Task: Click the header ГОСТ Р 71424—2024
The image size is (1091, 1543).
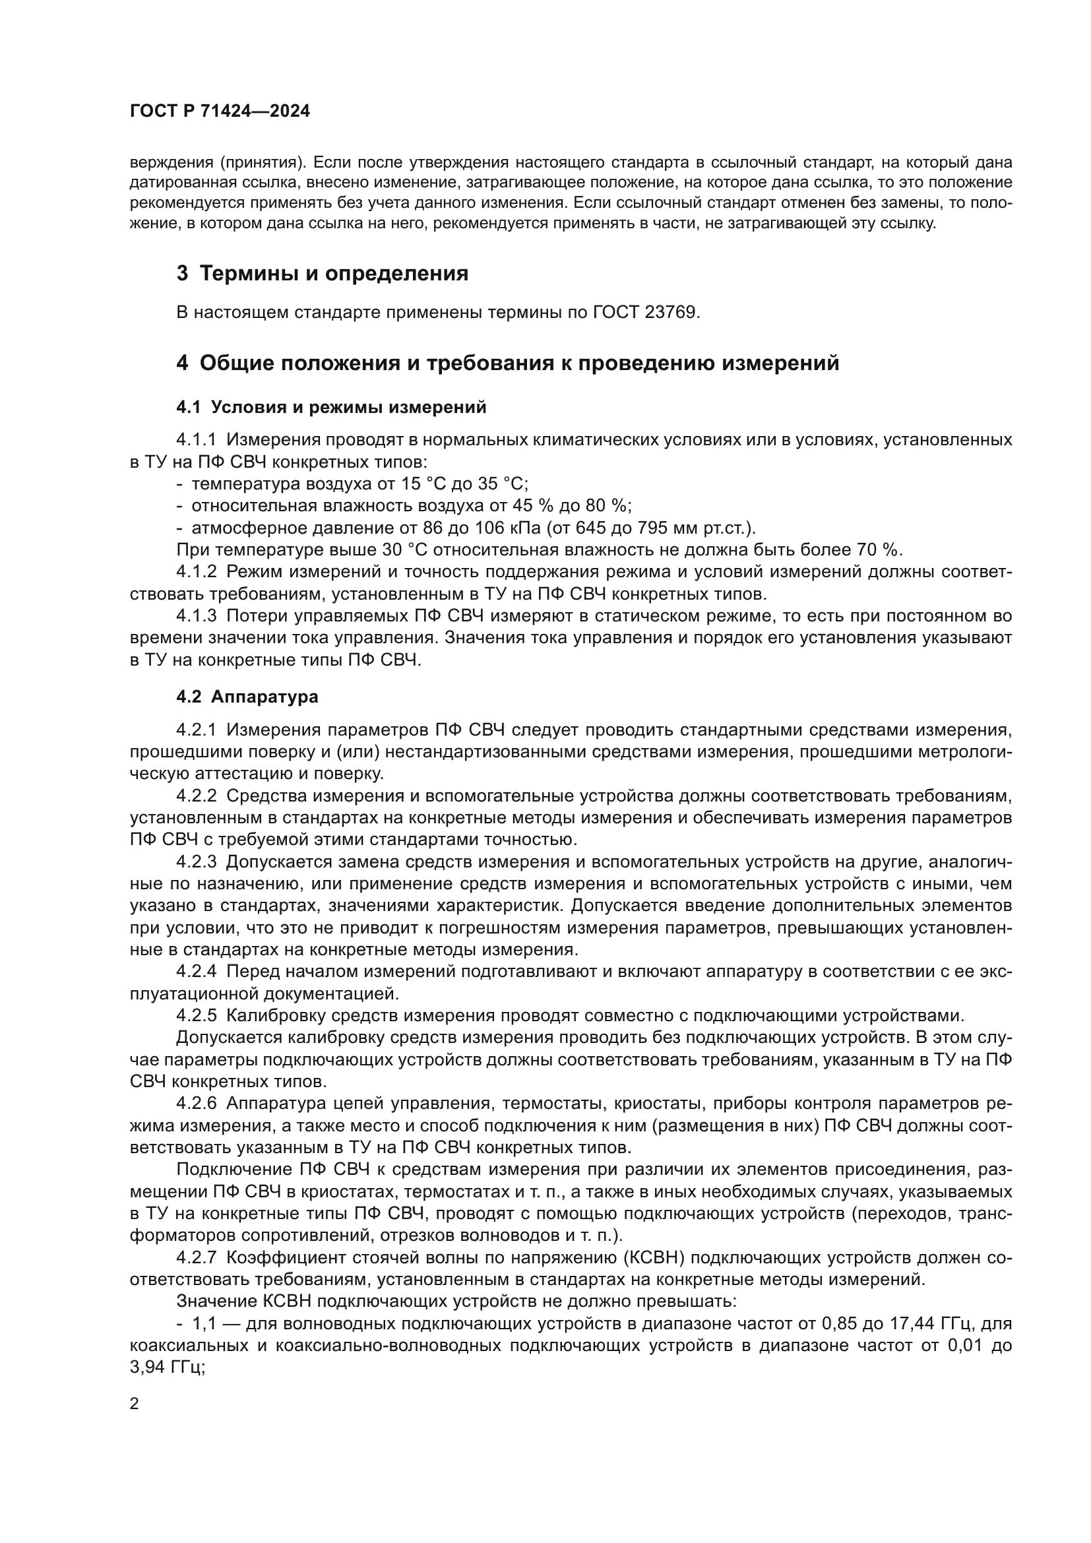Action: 220,111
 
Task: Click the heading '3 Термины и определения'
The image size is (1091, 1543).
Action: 322,274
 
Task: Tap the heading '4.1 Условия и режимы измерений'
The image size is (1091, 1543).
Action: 330,407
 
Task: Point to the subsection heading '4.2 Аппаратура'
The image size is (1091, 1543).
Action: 247,697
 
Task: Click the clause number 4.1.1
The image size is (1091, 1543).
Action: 196,440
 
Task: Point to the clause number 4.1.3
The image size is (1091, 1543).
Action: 196,616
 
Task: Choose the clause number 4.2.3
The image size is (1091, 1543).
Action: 196,862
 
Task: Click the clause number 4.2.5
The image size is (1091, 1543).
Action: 196,1015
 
